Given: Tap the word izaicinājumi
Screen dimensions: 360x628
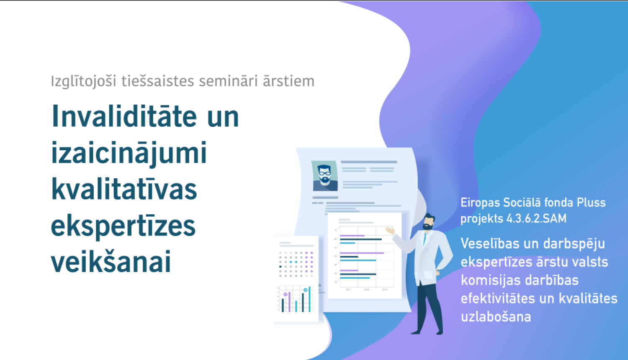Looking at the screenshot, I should (129, 153).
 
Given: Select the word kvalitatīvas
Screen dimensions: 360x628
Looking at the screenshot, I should (124, 189).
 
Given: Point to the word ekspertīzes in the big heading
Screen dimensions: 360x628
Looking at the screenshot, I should (123, 226).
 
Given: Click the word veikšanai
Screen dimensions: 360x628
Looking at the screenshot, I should (111, 262).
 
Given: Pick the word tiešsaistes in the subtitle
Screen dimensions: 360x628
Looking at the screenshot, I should (157, 81).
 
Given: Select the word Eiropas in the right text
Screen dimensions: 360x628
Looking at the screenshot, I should (480, 203).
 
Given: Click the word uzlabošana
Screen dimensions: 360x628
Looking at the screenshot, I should (496, 317).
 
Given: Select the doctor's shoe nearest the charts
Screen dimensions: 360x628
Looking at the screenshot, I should (416, 332).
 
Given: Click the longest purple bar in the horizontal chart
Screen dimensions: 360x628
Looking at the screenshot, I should (362, 253).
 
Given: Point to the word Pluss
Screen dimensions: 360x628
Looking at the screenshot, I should (591, 203).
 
